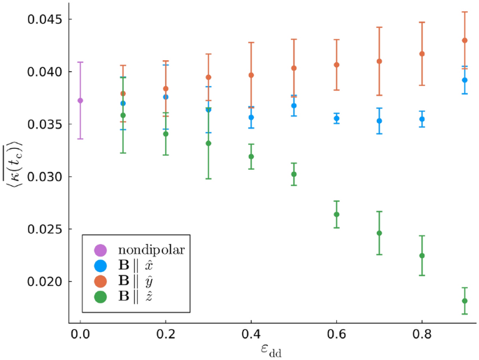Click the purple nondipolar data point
(x=80, y=101)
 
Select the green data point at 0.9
(x=464, y=301)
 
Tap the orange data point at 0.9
(x=464, y=41)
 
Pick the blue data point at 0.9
(x=464, y=80)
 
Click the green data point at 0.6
(x=336, y=215)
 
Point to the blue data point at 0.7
(x=379, y=121)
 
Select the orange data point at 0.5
(x=294, y=69)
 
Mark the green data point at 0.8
(x=422, y=256)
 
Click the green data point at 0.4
(x=251, y=157)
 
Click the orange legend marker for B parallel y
(x=100, y=281)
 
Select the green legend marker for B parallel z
(x=100, y=296)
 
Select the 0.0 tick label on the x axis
(x=80, y=335)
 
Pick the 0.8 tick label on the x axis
(x=422, y=335)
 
